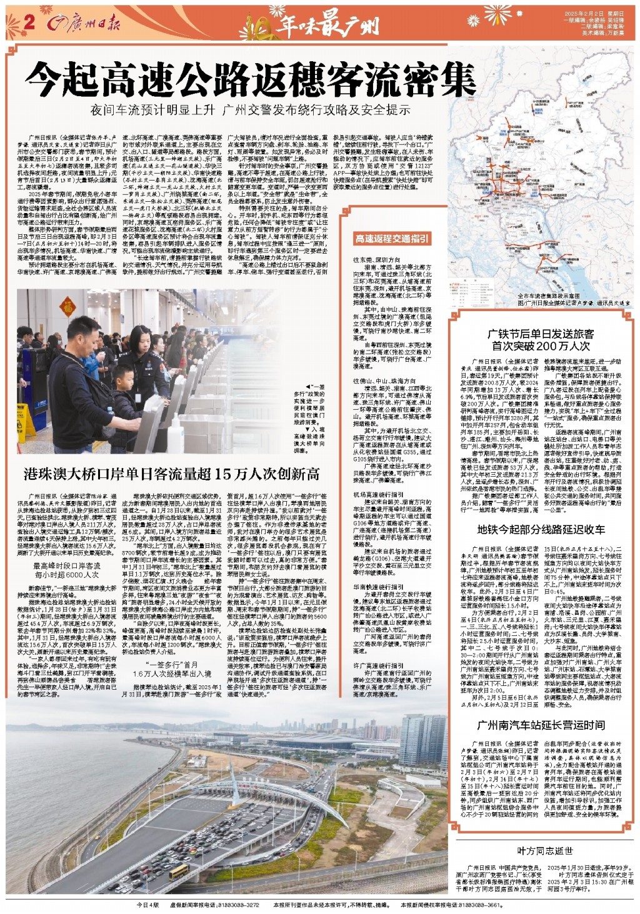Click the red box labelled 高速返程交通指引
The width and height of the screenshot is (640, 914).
tap(392, 238)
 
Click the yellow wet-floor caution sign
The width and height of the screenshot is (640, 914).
tap(26, 422)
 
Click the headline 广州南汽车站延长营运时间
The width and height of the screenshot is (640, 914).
tap(541, 725)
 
